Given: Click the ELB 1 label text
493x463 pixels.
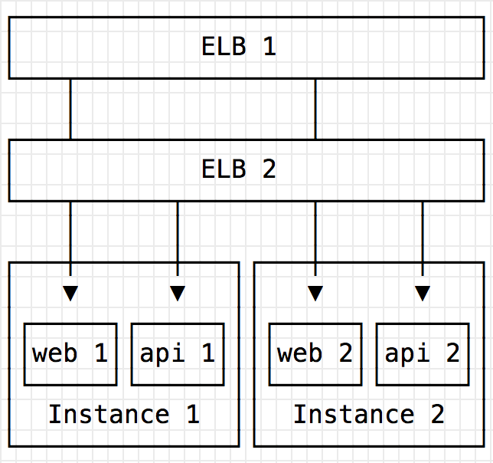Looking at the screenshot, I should tap(239, 47).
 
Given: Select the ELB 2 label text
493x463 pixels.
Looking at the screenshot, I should tap(239, 169).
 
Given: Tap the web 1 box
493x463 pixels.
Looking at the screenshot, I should tap(70, 353).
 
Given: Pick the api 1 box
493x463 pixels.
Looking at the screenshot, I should tap(178, 353).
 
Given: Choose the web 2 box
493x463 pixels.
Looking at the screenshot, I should tap(315, 353).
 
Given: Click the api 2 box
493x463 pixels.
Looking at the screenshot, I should tap(423, 353).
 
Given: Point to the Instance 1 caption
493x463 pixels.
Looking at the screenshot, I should tap(124, 415).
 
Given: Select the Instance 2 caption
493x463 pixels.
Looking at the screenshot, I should tap(369, 415).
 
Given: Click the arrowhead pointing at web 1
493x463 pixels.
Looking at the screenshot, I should tap(70, 293).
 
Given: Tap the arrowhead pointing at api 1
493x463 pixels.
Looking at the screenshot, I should tap(178, 293).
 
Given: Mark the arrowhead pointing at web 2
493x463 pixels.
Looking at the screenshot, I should tap(315, 293).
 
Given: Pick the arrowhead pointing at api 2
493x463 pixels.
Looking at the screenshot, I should tap(423, 293).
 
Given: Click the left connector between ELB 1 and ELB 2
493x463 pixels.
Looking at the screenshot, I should tap(70, 109).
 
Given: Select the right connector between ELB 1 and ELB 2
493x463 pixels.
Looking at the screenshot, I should tap(315, 109).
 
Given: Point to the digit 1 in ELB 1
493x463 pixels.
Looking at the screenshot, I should tap(269, 47).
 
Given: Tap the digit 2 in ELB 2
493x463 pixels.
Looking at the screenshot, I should tap(269, 169).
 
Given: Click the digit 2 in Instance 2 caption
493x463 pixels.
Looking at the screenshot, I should tap(437, 415).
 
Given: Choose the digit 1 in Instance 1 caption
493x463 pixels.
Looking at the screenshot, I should tap(192, 415).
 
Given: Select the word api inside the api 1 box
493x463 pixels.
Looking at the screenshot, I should tap(162, 353).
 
